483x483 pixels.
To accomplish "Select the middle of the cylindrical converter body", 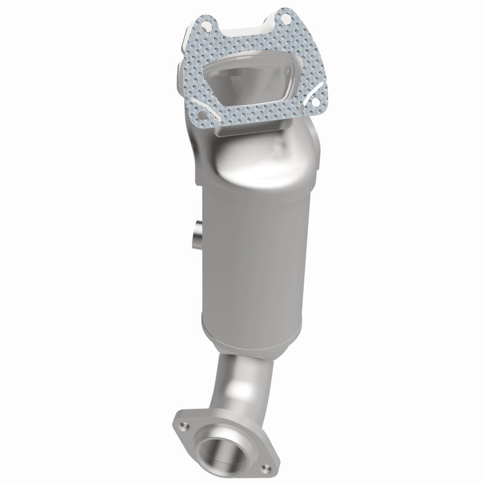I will (254, 254).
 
